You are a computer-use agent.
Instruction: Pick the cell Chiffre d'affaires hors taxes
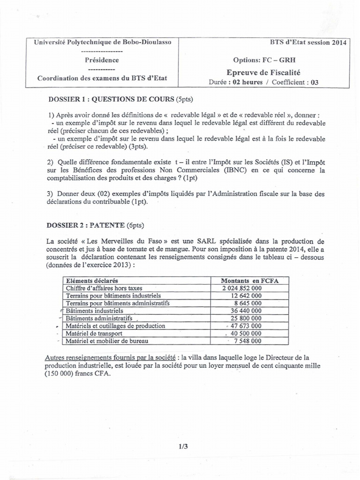104,288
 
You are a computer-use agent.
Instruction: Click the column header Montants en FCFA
250,280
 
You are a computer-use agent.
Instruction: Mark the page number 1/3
182,447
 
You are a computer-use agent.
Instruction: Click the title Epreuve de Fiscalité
262,72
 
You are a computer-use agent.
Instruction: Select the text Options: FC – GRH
264,60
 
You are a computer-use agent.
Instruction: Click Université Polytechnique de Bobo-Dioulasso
103,42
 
